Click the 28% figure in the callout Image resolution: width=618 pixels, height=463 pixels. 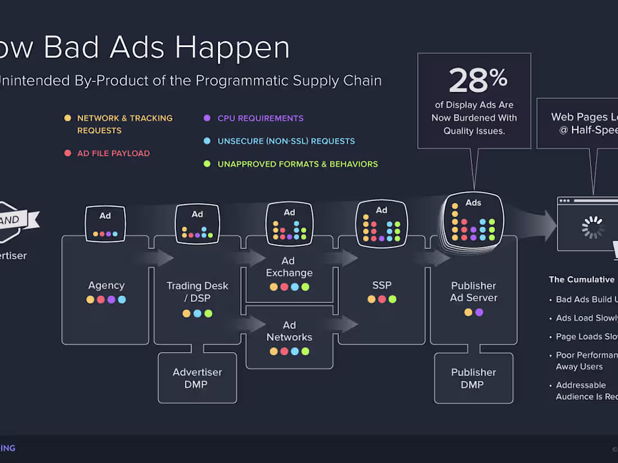tap(477, 80)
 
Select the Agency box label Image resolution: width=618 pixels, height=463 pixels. tap(106, 286)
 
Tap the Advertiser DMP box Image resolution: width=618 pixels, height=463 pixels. tap(197, 378)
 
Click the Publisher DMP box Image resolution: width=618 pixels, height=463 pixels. tap(474, 378)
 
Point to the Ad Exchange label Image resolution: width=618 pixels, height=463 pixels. tap(289, 267)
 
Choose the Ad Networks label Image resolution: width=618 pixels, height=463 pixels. tap(289, 331)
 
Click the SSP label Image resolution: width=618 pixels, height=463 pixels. tap(381, 286)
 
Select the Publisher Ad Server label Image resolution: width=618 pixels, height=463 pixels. tap(474, 292)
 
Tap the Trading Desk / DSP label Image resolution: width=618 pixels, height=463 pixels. tap(197, 292)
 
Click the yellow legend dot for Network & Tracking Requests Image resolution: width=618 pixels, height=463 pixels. tap(67, 118)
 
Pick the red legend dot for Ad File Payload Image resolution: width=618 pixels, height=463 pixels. tap(67, 153)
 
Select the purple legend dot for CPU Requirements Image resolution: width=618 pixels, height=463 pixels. tap(207, 118)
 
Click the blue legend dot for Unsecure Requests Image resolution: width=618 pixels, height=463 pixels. tap(207, 141)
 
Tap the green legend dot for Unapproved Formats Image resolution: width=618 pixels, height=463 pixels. tap(207, 164)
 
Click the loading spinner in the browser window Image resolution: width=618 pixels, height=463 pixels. tap(592, 227)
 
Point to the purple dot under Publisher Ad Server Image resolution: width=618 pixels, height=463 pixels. tap(479, 313)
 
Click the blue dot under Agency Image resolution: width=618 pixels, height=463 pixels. tap(122, 300)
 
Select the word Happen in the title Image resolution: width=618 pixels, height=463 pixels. tap(233, 47)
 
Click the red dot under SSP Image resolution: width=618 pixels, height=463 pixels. tap(382, 300)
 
